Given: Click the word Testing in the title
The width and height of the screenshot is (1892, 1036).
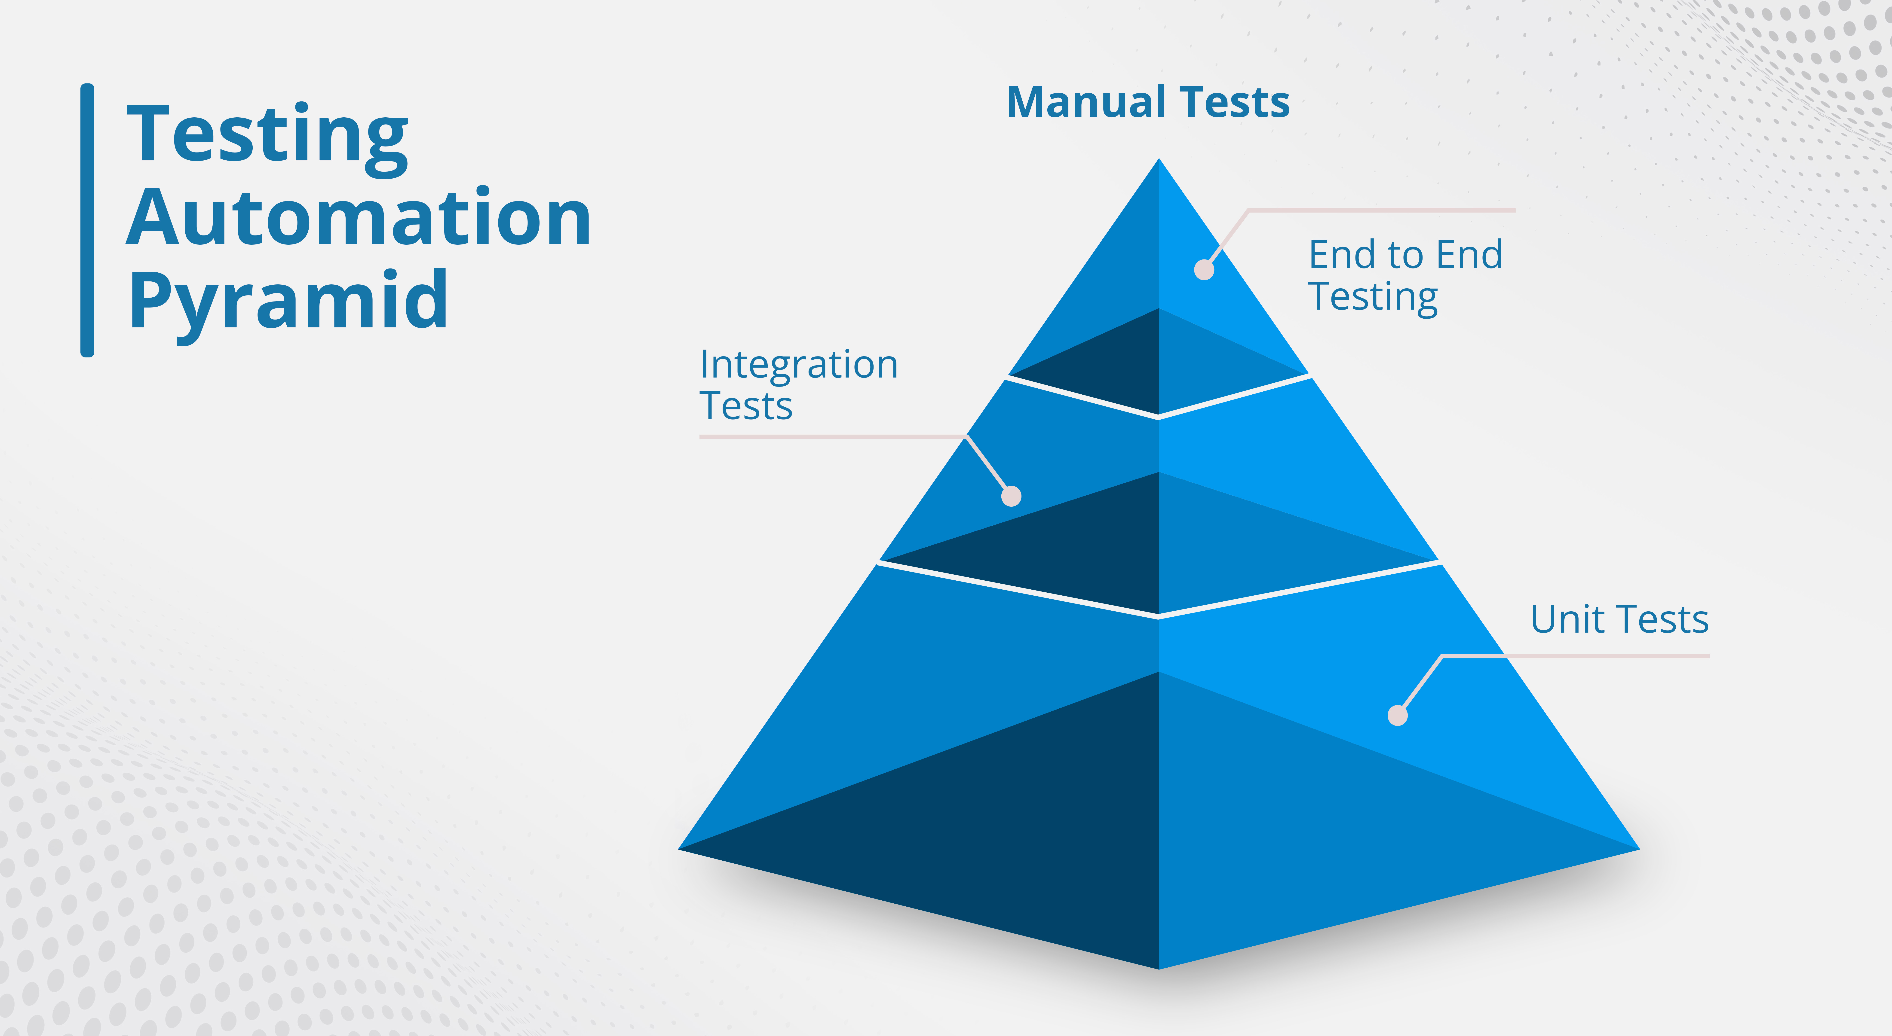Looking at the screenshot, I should pos(267,136).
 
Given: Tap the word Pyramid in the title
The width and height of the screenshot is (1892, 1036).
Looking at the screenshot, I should pos(288,301).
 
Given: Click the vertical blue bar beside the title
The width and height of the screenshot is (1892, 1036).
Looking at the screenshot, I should pos(87,220).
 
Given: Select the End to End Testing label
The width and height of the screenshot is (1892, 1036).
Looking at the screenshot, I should pos(1404,275).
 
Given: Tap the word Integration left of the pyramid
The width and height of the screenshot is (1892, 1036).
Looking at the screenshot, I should pos(798,365).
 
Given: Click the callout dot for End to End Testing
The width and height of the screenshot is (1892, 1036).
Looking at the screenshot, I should pos(1204,269).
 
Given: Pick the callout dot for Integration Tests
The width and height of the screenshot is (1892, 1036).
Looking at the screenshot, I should pos(1011,496).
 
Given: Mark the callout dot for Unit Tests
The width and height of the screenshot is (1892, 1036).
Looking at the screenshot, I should pos(1397,715).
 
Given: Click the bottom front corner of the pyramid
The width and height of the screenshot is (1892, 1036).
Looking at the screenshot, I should pos(1159,967).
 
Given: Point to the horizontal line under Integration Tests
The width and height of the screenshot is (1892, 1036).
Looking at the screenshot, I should pos(830,437).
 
